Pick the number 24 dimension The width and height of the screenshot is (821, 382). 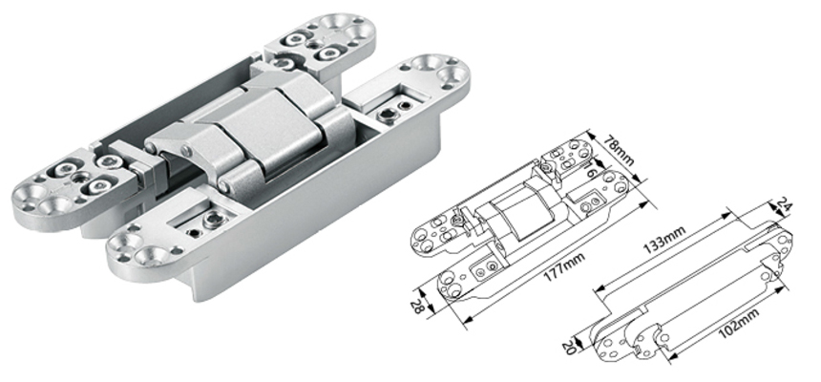tap(785, 204)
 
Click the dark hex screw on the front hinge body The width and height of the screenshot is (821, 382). tap(207, 229)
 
